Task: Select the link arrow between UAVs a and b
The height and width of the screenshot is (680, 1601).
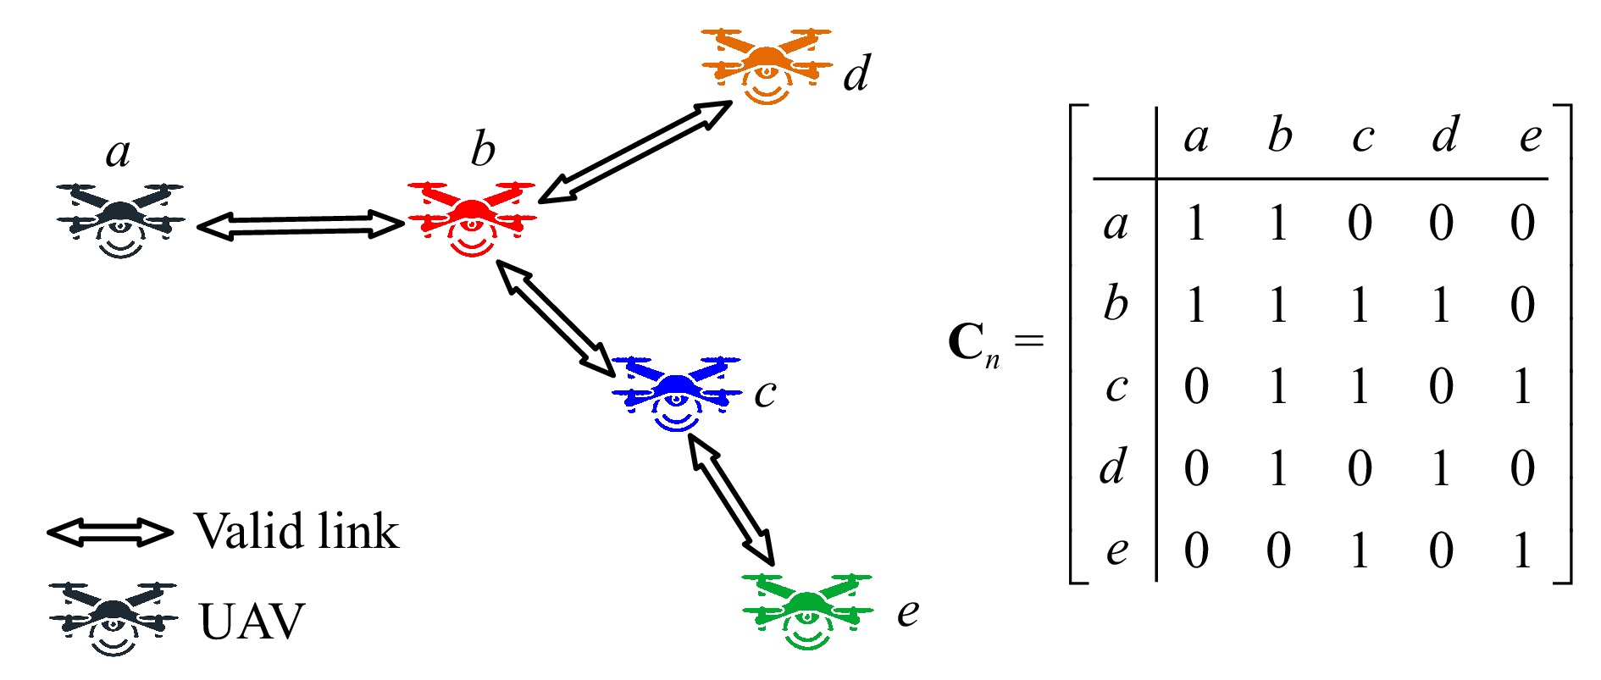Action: coord(301,226)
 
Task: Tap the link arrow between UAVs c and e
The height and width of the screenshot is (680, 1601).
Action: coord(731,500)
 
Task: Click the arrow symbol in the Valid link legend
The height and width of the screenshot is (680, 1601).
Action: coord(110,532)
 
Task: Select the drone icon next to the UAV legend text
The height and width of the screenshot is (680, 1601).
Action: coord(114,619)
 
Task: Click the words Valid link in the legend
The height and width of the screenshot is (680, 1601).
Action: coord(296,532)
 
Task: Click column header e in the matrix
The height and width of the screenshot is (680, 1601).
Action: coord(1530,138)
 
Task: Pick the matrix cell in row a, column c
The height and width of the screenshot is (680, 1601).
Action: coord(1360,224)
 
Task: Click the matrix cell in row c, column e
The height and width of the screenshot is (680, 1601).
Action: coord(1523,387)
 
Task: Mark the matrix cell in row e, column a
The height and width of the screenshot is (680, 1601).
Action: coord(1196,550)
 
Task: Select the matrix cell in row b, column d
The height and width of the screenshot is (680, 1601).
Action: coord(1441,305)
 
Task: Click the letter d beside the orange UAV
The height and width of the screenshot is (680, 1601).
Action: coord(856,73)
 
